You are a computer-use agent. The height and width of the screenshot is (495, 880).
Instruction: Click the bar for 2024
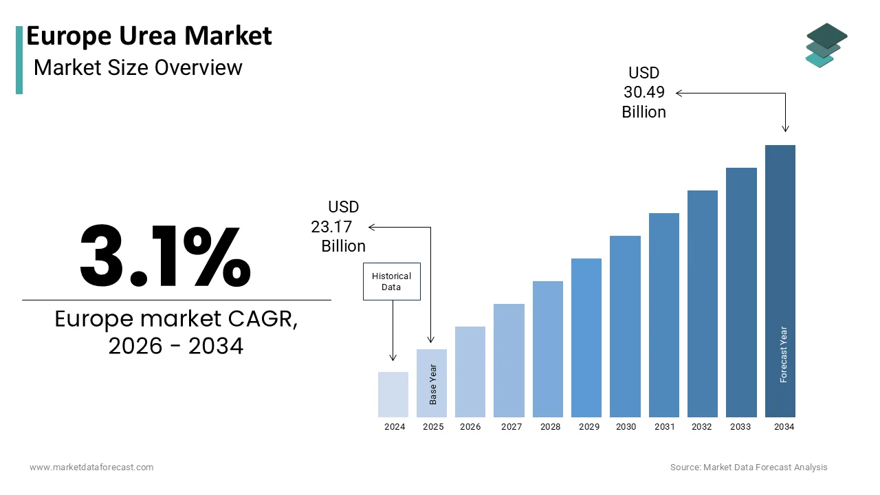pyautogui.click(x=393, y=395)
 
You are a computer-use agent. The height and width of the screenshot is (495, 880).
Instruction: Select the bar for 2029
pyautogui.click(x=586, y=338)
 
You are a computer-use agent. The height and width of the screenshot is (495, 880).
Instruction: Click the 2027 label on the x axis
pyautogui.click(x=511, y=427)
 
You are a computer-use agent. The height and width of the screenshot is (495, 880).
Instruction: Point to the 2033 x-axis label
pyautogui.click(x=741, y=427)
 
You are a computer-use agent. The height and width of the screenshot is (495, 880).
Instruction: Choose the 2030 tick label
pyautogui.click(x=626, y=427)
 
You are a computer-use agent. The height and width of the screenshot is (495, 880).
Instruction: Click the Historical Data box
pyautogui.click(x=392, y=281)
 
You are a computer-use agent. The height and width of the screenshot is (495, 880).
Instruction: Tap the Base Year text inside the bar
pyautogui.click(x=433, y=384)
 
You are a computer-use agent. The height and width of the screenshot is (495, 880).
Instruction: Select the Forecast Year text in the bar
pyautogui.click(x=784, y=354)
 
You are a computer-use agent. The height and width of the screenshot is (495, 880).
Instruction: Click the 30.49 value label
pyautogui.click(x=644, y=92)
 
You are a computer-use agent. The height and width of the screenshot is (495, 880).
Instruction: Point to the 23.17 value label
pyautogui.click(x=331, y=227)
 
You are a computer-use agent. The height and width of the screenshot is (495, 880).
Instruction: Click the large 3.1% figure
pyautogui.click(x=165, y=256)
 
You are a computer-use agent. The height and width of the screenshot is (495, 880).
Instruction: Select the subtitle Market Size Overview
pyautogui.click(x=138, y=67)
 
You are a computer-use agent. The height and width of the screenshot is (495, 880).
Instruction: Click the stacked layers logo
pyautogui.click(x=826, y=45)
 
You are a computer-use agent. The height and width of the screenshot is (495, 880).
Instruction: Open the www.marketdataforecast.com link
pyautogui.click(x=91, y=467)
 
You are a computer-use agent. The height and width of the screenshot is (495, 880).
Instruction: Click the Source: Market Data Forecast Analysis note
pyautogui.click(x=749, y=467)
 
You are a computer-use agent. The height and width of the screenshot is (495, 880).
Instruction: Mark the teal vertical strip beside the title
pyautogui.click(x=19, y=60)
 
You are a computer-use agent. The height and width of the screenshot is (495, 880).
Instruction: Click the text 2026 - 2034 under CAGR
pyautogui.click(x=176, y=346)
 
